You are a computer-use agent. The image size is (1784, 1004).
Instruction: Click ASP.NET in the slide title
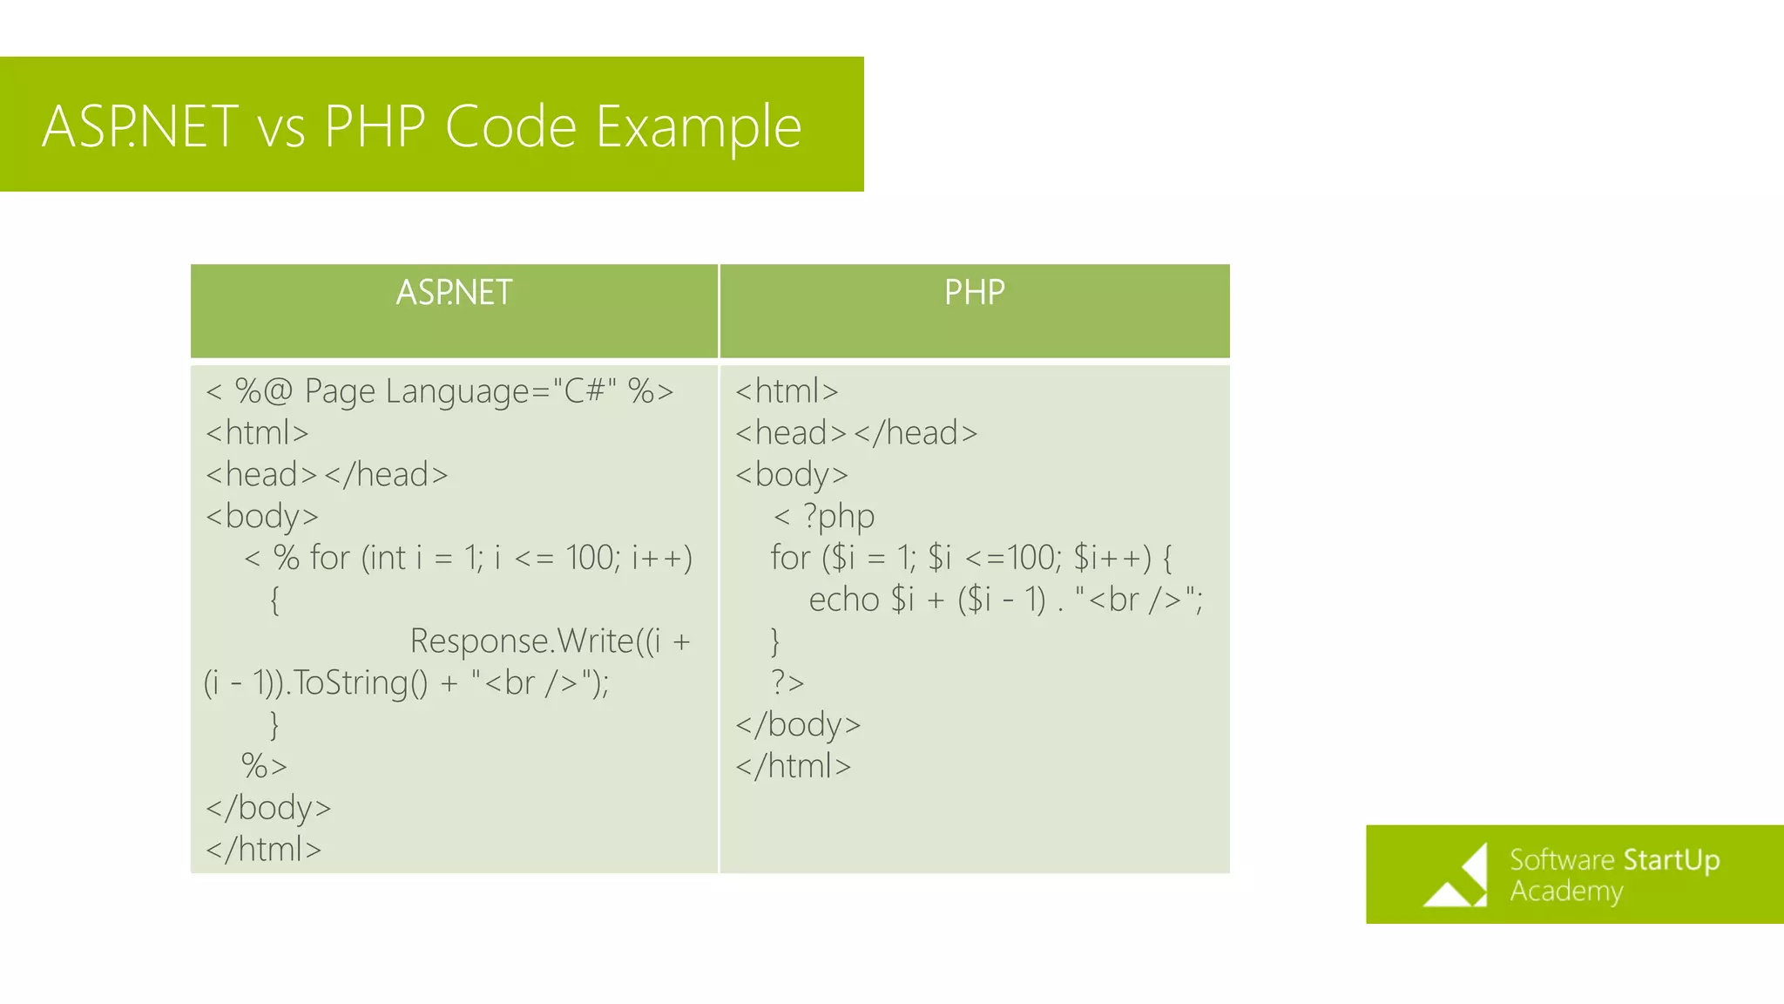pos(139,127)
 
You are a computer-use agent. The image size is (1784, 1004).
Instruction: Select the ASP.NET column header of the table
pos(454,293)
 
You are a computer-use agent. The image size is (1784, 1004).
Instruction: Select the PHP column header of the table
pos(974,293)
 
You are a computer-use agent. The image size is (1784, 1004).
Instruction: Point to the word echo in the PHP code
pos(843,600)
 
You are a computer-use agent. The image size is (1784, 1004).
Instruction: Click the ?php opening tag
pos(838,516)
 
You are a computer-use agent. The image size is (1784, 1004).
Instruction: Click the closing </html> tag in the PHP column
pos(793,766)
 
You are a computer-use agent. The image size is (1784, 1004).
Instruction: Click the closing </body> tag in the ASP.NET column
pos(268,808)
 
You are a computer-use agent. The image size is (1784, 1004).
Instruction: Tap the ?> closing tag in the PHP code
pos(787,682)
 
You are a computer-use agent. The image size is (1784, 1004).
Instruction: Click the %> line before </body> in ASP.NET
pos(263,766)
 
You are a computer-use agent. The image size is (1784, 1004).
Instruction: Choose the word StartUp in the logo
pos(1671,860)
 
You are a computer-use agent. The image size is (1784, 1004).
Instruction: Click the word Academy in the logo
pos(1566,892)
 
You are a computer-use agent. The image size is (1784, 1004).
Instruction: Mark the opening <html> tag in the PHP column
pos(787,391)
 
